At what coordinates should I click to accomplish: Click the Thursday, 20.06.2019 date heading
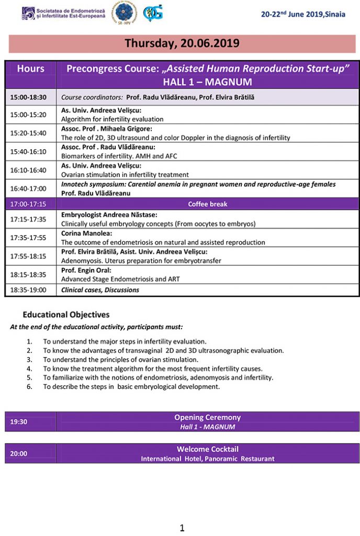182,43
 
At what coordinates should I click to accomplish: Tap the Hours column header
31,69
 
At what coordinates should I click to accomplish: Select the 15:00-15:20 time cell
28,115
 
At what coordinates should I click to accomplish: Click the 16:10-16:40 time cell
28,170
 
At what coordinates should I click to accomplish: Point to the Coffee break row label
208,204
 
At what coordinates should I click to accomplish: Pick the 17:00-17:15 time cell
28,204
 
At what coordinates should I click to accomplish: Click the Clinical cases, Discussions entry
100,290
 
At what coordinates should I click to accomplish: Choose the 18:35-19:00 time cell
28,290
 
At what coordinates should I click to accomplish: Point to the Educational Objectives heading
66,315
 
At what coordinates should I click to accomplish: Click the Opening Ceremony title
208,417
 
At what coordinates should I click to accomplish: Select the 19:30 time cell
19,421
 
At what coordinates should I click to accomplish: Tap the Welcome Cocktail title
208,449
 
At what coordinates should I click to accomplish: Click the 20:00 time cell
19,453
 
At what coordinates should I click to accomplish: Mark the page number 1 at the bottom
182,528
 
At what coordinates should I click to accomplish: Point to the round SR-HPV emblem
125,14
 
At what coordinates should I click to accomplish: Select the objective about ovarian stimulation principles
121,360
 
